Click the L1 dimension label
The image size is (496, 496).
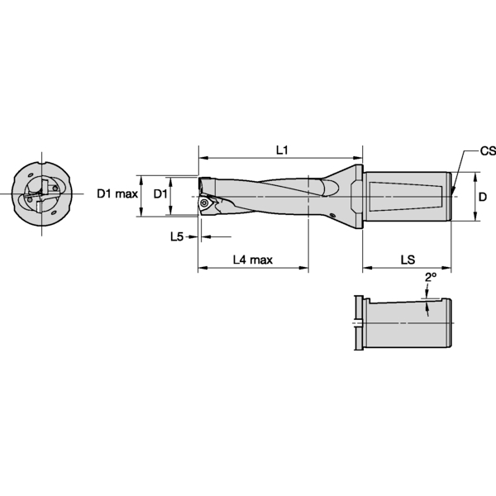pyautogui.click(x=281, y=150)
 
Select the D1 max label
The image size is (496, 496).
pyautogui.click(x=117, y=193)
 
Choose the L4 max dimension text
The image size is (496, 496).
pyautogui.click(x=252, y=260)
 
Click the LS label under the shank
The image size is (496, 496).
pyautogui.click(x=408, y=260)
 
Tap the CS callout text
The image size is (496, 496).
pyautogui.click(x=488, y=152)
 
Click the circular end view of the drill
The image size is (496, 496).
pyautogui.click(x=41, y=196)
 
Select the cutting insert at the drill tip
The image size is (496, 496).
pyautogui.click(x=207, y=201)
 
